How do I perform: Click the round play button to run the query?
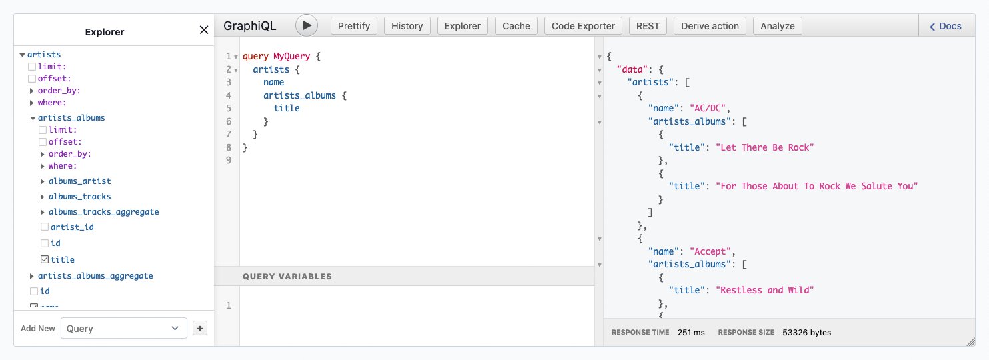tap(307, 25)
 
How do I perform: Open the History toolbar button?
tap(407, 26)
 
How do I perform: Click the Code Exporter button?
tap(584, 26)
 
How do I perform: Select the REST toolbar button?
tap(648, 26)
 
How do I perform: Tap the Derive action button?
tap(710, 26)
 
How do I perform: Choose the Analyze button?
tap(778, 26)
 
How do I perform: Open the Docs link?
tap(946, 26)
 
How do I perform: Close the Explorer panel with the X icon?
tap(204, 30)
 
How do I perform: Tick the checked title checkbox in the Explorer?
tap(45, 260)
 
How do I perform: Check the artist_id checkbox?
tap(45, 227)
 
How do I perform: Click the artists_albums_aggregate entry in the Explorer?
tap(95, 276)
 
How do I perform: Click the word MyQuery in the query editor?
tap(291, 57)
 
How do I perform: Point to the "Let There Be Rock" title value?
tap(765, 147)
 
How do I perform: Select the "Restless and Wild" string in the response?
tap(765, 290)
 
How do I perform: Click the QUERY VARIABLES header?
tap(287, 276)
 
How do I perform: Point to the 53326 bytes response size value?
tap(806, 332)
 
